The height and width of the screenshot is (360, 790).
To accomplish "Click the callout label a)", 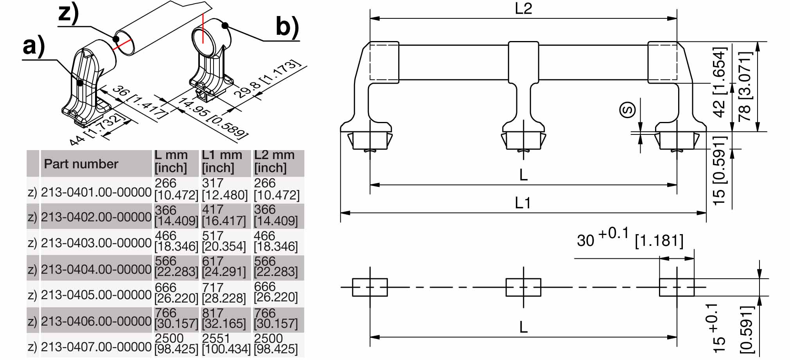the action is pos(34,46).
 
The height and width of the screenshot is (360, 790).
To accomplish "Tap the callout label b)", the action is pos(287,27).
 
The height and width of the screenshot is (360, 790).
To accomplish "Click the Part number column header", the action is pos(81,164).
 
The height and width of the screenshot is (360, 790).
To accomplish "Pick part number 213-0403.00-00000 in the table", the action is pos(96,243).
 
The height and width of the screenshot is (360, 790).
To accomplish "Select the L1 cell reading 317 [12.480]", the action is pos(225,189).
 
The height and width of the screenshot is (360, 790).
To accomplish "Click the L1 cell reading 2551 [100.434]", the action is pos(226,344).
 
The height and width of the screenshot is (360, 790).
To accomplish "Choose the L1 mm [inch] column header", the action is pos(222,161).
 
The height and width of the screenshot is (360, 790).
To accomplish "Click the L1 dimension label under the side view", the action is pos(523,203).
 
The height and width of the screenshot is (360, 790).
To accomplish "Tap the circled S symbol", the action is pos(628,109).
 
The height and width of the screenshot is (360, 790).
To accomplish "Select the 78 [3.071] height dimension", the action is pos(745,86).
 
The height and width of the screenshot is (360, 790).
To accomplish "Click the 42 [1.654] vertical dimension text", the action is pos(719,82).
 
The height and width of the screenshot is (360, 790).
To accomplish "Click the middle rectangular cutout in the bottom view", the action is pos(523,287).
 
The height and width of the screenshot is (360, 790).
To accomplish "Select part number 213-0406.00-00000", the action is pos(96,321).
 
